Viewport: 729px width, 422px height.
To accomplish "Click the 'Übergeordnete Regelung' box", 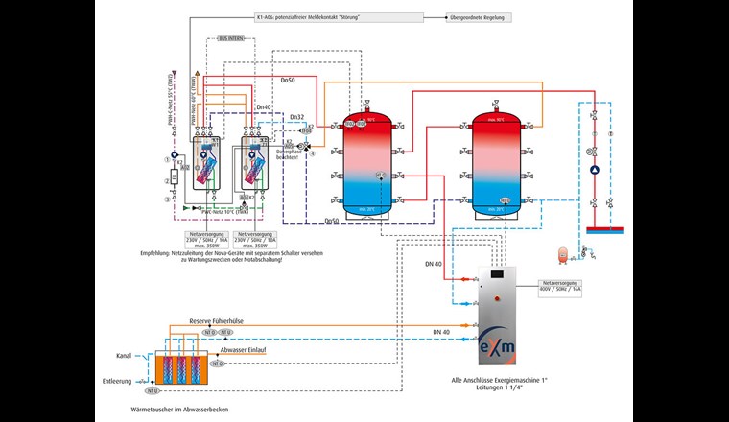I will pos(481,18).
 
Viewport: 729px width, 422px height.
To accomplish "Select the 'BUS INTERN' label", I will pos(231,39).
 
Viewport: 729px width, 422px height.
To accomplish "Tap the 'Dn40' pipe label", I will pos(263,107).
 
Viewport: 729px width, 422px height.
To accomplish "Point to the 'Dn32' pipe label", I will pos(297,117).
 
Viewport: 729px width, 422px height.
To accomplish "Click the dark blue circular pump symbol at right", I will pos(596,171).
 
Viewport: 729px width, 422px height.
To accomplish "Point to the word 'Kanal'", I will pos(124,356).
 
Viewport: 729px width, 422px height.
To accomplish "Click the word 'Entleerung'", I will pos(116,380).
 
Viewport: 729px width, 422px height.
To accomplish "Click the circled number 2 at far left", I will pos(166,180).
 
